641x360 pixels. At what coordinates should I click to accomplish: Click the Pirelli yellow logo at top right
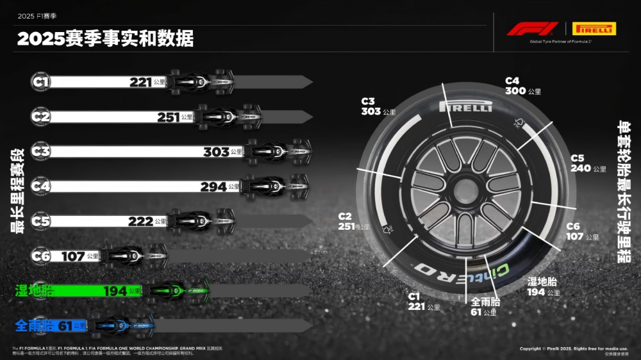pyautogui.click(x=594, y=28)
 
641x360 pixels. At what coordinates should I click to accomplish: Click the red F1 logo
pyautogui.click(x=533, y=29)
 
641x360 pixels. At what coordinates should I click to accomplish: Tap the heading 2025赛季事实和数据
pyautogui.click(x=106, y=39)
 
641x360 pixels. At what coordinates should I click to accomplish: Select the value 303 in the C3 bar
pyautogui.click(x=216, y=152)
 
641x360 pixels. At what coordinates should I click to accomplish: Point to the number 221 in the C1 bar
pyautogui.click(x=140, y=82)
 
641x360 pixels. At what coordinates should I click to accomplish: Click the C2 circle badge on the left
pyautogui.click(x=41, y=116)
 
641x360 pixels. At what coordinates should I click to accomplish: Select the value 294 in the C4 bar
pyautogui.click(x=213, y=186)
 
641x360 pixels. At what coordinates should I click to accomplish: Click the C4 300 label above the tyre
pyautogui.click(x=522, y=86)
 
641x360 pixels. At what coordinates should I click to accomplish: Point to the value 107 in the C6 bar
pyautogui.click(x=73, y=256)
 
